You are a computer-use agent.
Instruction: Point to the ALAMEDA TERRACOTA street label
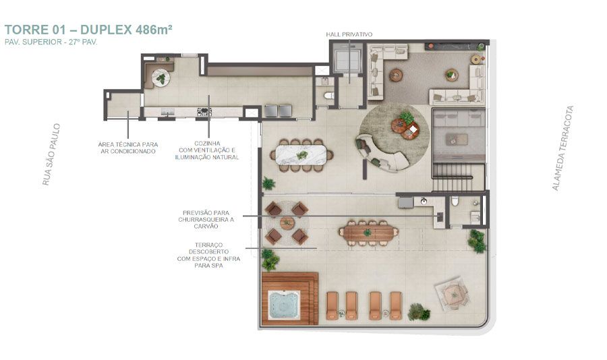coord(562,148)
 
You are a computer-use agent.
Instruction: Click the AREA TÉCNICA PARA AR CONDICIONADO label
coord(127,148)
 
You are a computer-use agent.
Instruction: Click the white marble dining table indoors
coord(302,155)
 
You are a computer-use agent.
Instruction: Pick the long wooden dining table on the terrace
coord(368,233)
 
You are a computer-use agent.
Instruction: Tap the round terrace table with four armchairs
coord(287,223)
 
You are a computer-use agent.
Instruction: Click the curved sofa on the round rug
coord(381,154)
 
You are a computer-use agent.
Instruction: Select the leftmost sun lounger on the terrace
coord(332,305)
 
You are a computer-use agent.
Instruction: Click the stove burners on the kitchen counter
coord(204,112)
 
